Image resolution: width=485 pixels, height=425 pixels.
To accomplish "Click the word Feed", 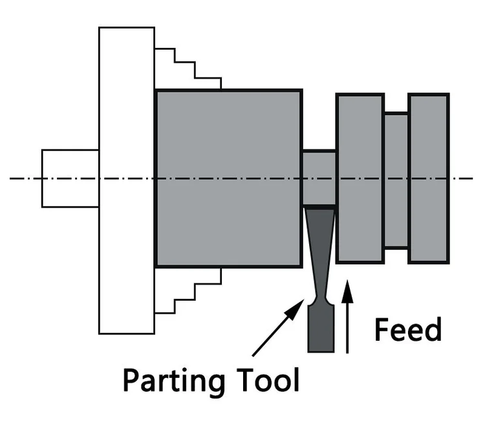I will [408, 330].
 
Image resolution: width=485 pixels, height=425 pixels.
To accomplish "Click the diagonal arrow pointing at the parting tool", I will [275, 329].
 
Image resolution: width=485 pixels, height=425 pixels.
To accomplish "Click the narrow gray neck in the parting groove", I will [319, 177].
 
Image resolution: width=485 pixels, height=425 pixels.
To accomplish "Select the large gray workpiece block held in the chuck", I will [228, 178].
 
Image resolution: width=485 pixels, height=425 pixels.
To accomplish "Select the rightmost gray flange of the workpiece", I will [429, 178].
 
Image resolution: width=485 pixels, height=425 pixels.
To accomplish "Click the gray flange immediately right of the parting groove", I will [360, 178].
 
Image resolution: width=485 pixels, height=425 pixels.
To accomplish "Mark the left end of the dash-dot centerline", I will [12, 178].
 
